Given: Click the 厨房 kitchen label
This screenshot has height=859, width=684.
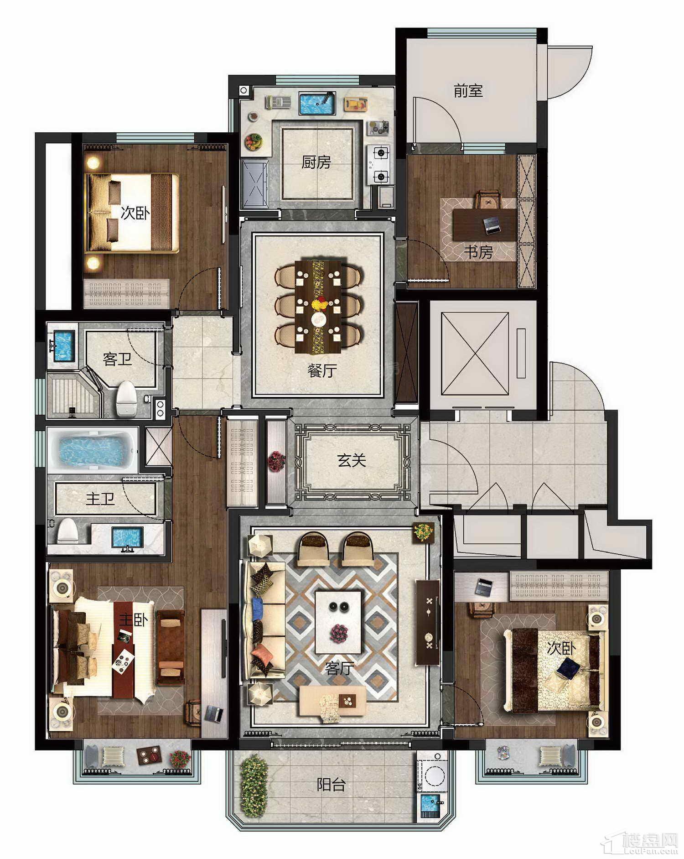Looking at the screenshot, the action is coord(316,162).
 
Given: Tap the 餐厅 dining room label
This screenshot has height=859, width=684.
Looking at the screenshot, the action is coord(322,370).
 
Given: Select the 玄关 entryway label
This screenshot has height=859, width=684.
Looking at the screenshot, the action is coord(352,460).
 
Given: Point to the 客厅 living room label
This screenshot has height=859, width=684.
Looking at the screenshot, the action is coord(340,668).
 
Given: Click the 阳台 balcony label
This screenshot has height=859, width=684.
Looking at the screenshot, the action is coord(332,785).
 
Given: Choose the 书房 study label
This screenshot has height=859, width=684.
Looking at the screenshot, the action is coord(478,252).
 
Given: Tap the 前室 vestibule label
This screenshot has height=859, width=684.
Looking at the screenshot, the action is coord(468,91).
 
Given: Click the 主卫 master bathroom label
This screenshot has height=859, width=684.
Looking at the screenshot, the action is coord(100,499).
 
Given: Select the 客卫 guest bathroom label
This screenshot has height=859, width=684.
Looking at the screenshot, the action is coord(117,359).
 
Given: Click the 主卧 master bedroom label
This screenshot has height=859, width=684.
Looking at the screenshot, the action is coord(133,620).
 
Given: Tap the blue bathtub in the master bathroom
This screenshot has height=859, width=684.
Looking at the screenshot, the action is coord(93,449).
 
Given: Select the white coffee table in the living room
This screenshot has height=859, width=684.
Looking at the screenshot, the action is coord(339,623).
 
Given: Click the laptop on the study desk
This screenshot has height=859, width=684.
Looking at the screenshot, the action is coord(493,225).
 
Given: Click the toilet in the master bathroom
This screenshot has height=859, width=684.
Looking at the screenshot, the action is coord(67,531).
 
